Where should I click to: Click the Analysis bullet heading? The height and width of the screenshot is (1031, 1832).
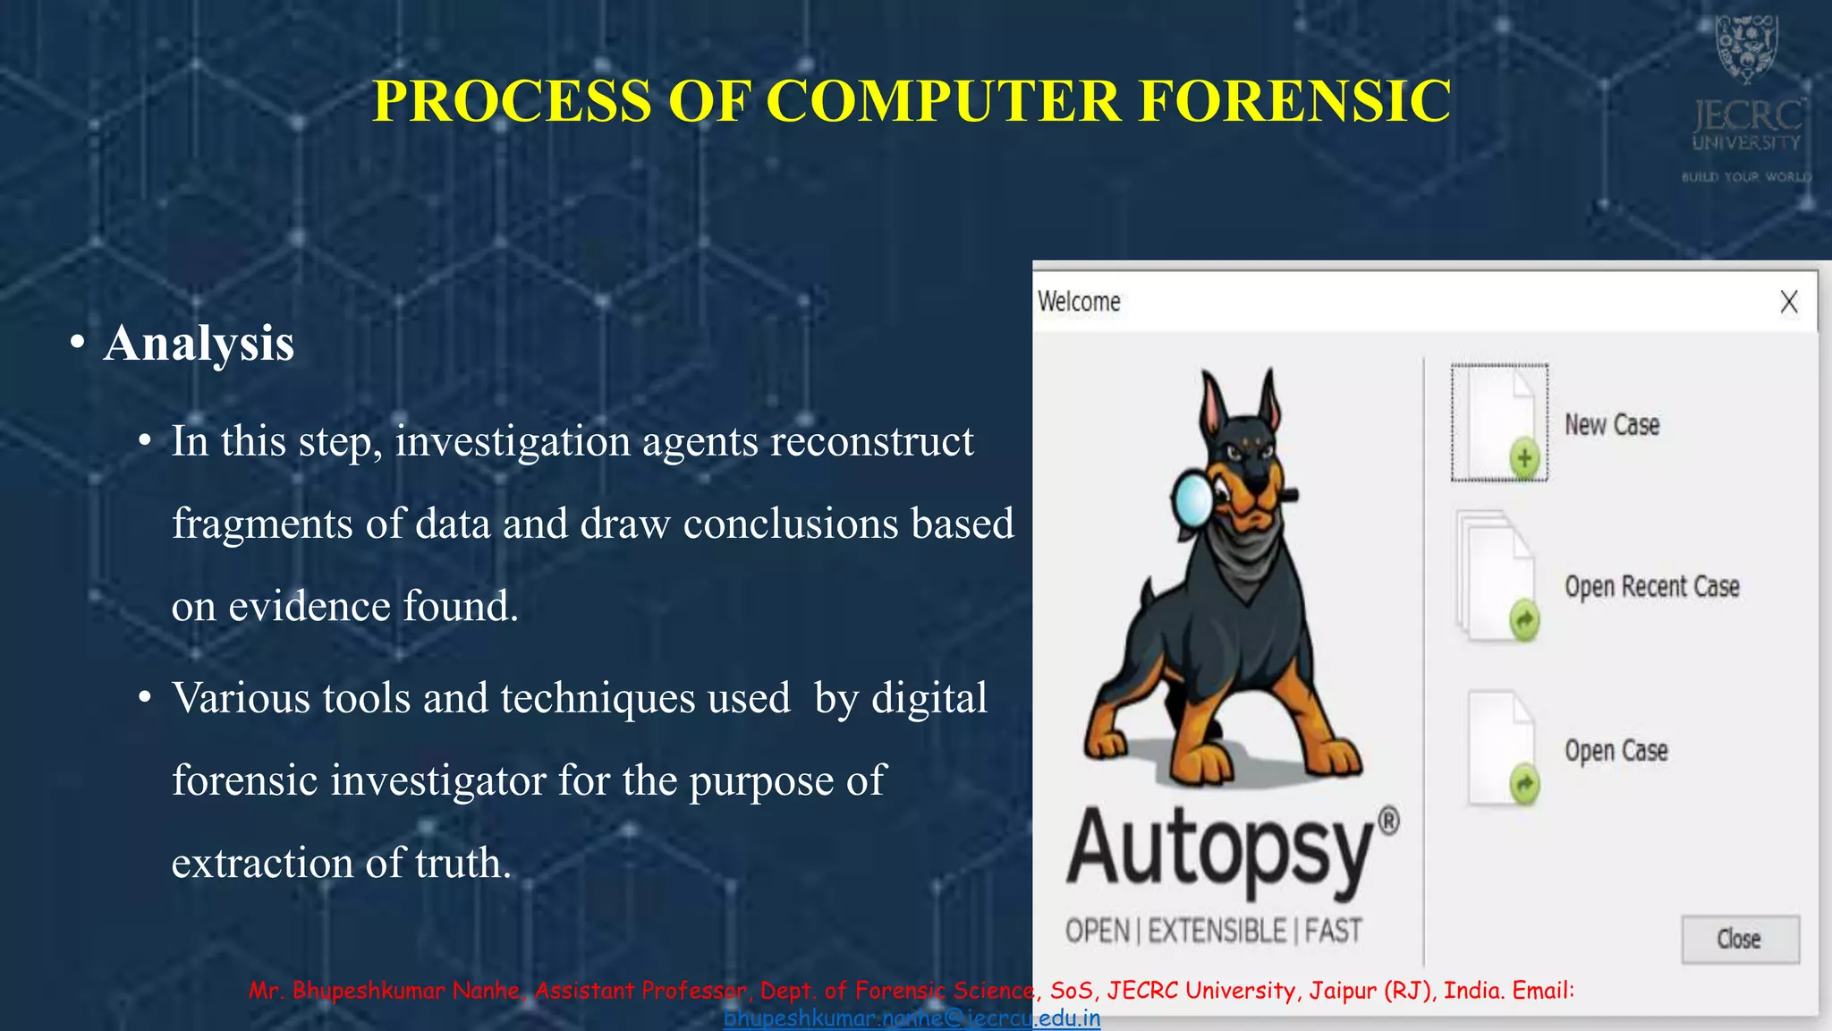tap(198, 343)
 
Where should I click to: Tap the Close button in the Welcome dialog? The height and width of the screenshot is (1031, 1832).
tap(1739, 939)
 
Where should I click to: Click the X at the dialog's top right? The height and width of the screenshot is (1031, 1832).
tap(1788, 302)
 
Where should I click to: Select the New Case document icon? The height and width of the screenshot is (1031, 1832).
tap(1499, 423)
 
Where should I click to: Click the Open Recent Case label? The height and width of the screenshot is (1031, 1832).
tap(1651, 586)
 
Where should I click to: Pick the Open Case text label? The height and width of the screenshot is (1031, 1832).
tap(1616, 750)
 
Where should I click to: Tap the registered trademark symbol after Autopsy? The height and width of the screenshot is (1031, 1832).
tap(1388, 820)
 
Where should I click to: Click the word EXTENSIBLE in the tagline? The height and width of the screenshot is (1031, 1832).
tap(1217, 931)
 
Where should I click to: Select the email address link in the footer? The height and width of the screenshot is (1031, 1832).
tap(912, 1018)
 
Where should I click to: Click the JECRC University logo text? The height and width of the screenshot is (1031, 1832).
tap(1746, 126)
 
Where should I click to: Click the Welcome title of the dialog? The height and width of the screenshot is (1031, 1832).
tap(1079, 302)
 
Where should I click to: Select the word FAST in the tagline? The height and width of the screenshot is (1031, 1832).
tap(1333, 931)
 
